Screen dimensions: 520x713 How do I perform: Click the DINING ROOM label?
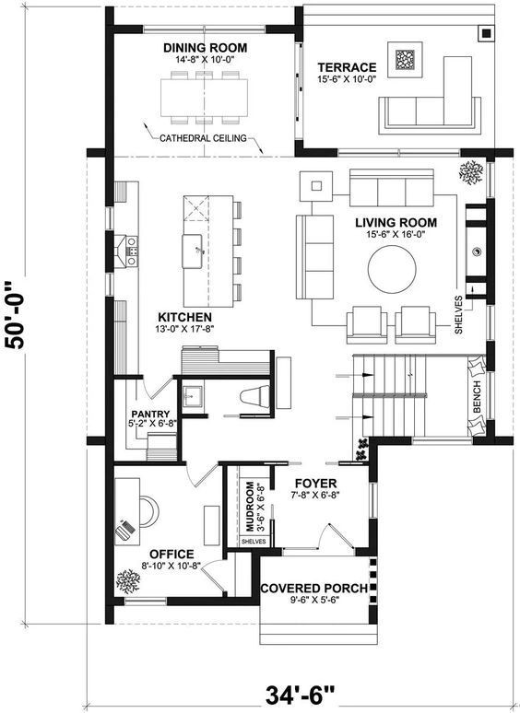pyautogui.click(x=206, y=48)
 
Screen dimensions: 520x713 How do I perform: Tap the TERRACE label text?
pyautogui.click(x=347, y=68)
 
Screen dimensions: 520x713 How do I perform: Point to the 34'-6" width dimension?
pyautogui.click(x=300, y=695)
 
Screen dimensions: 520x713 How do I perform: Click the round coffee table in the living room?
pyautogui.click(x=392, y=271)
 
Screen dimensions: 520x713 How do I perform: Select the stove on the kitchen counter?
pyautogui.click(x=132, y=250)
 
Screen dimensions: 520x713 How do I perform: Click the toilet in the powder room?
pyautogui.click(x=255, y=396)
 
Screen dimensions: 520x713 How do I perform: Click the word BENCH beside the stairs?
pyautogui.click(x=477, y=396)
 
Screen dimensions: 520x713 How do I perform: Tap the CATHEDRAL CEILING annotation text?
pyautogui.click(x=203, y=138)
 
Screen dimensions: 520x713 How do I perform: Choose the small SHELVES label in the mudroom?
pyautogui.click(x=254, y=542)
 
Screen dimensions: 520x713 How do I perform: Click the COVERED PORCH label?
pyautogui.click(x=313, y=589)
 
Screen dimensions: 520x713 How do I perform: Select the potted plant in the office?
pyautogui.click(x=128, y=581)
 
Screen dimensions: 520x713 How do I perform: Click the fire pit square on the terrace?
pyautogui.click(x=406, y=60)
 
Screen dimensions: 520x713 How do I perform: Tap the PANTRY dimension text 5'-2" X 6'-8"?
pyautogui.click(x=152, y=423)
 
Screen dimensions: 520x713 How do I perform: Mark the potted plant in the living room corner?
pyautogui.click(x=471, y=172)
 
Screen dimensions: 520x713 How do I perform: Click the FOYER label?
pyautogui.click(x=315, y=484)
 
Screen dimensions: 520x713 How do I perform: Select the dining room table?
pyautogui.click(x=205, y=99)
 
